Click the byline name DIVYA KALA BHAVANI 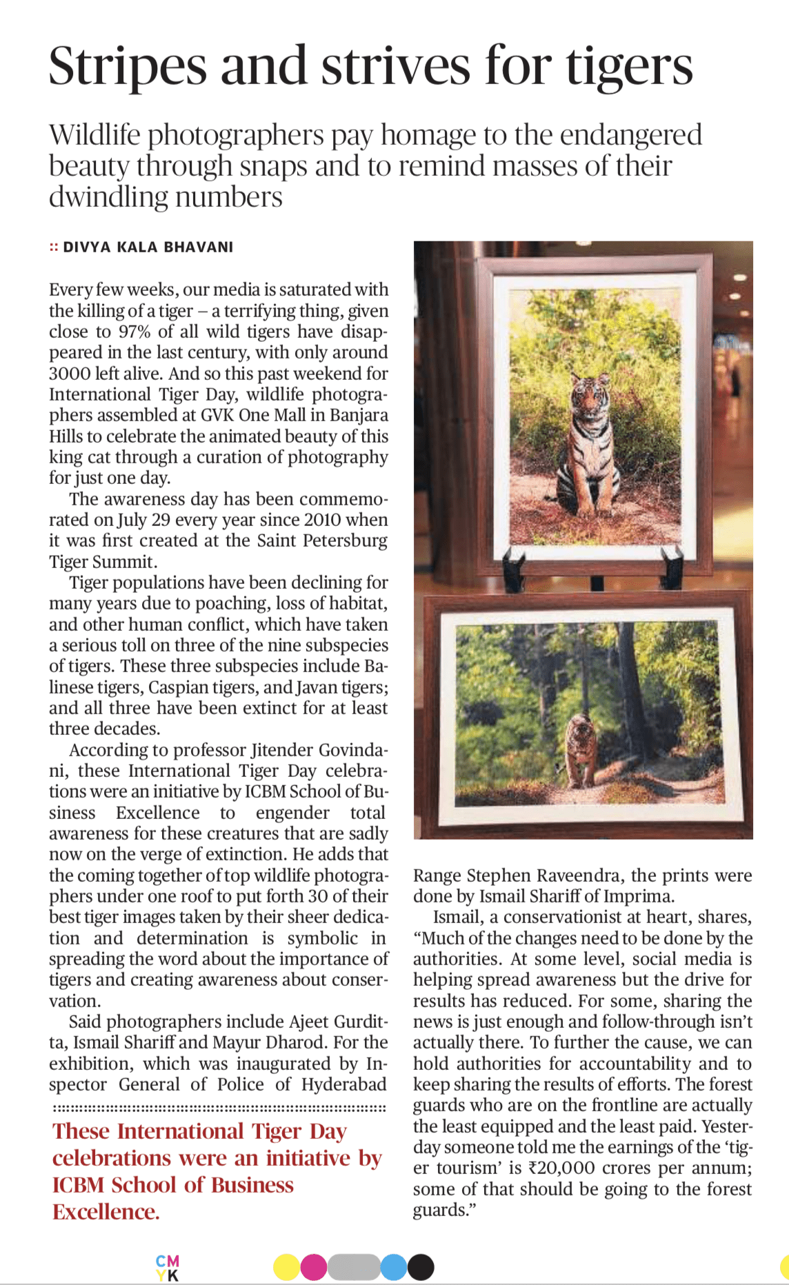tap(148, 247)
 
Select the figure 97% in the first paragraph tap(135, 332)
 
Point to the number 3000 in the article tap(70, 374)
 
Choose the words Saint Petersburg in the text tap(322, 540)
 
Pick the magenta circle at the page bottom tap(314, 1267)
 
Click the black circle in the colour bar tap(421, 1267)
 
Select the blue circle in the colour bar tap(393, 1267)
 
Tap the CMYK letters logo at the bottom tap(168, 1268)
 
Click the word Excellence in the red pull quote tap(106, 1212)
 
